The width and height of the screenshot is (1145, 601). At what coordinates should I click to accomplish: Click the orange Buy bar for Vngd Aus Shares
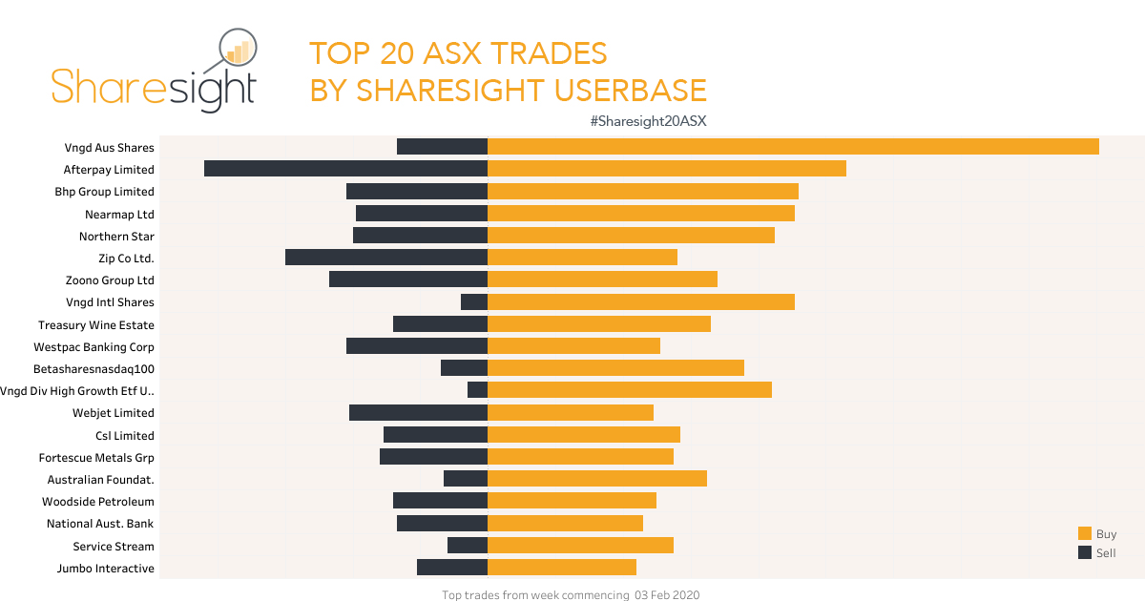click(x=793, y=147)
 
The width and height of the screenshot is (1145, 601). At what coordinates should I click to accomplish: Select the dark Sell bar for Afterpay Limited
click(x=345, y=169)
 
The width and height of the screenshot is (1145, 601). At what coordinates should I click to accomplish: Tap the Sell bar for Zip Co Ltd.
click(x=386, y=257)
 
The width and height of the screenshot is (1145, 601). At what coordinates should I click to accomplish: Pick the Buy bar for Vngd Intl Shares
click(x=641, y=301)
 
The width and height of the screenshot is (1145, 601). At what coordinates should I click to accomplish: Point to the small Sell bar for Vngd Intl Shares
click(x=474, y=301)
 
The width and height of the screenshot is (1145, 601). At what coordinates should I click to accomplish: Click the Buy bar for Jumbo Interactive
click(x=562, y=568)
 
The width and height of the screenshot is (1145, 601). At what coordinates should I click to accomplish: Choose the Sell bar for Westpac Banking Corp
click(x=417, y=346)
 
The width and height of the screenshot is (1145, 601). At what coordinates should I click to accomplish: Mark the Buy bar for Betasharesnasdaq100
click(x=615, y=368)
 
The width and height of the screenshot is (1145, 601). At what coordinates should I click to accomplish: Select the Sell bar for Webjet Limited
click(x=418, y=412)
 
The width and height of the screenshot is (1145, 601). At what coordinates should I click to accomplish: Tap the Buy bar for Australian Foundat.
click(x=597, y=479)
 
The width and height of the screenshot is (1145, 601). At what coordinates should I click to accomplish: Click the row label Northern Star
click(x=116, y=237)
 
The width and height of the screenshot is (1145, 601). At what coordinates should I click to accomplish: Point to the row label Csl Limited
click(x=125, y=436)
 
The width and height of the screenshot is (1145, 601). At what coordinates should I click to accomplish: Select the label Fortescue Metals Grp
click(x=96, y=458)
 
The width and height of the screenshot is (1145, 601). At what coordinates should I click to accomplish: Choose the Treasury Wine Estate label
click(x=96, y=325)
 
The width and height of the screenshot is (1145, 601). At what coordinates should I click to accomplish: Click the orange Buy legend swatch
click(x=1085, y=534)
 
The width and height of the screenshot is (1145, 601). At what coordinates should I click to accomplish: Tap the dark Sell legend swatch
click(x=1085, y=553)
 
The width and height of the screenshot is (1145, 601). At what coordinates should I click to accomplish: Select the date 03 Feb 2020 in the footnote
click(x=666, y=595)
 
